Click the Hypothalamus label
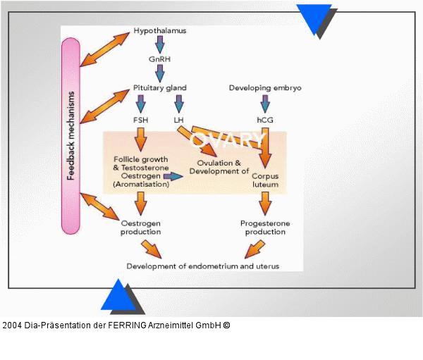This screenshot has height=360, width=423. pos(160,32)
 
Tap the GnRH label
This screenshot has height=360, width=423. pos(159,60)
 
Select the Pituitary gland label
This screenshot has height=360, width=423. pos(160,87)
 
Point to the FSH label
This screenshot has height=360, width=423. pos(140,120)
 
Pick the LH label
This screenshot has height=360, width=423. pos(178,120)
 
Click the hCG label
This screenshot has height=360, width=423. pos(265,120)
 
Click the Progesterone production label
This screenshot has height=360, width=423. pos(265,228)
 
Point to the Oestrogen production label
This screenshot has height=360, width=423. pos(140,228)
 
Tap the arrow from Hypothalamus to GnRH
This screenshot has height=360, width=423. pos(160,45)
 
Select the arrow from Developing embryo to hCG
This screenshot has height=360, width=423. pos(265,104)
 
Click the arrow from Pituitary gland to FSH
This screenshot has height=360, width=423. pos(140,104)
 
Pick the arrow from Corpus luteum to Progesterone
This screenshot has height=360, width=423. pos(265,204)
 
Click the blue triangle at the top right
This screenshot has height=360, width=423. pos(313,16)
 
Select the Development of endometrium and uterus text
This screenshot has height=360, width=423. pos(203,266)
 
